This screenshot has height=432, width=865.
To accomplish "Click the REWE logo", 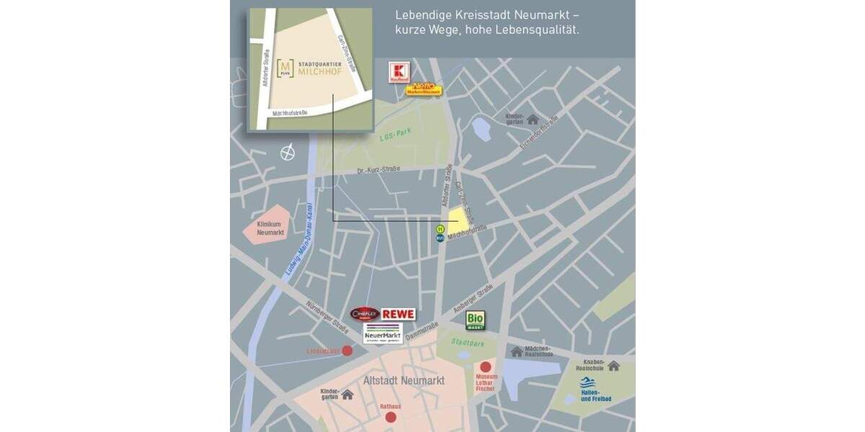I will [x=398, y=314].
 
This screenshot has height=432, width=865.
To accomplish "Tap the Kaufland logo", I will [x=399, y=72].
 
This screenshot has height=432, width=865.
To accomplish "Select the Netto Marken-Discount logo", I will [x=423, y=88].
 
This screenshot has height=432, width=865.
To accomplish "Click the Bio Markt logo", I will [x=475, y=320].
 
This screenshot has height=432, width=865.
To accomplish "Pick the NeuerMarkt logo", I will [x=383, y=333].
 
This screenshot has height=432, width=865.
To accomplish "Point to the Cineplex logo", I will [x=365, y=314].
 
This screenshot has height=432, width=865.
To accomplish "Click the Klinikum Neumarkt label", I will [x=271, y=228].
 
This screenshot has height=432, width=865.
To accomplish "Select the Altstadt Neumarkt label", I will [x=404, y=380].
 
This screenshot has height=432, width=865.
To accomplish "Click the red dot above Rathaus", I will [x=391, y=417].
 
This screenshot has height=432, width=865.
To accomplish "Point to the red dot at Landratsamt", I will [x=347, y=351].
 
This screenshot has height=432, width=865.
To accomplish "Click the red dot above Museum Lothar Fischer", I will [x=485, y=366].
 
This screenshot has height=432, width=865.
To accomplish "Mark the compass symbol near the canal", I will [x=288, y=153].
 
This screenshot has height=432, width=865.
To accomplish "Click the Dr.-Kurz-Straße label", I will [x=379, y=171].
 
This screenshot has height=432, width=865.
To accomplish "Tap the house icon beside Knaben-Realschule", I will [x=613, y=366].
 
